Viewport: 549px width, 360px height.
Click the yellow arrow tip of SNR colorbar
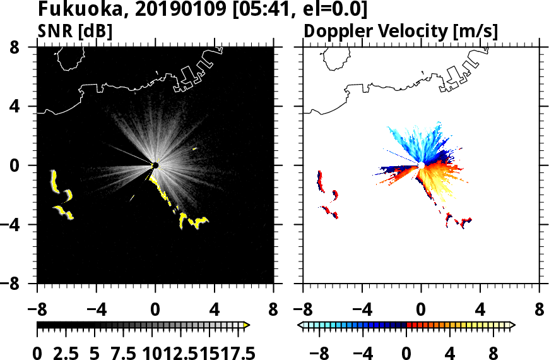(x=247, y=325)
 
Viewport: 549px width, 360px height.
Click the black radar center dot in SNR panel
(x=155, y=165)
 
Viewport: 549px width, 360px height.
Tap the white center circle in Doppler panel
(x=421, y=165)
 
